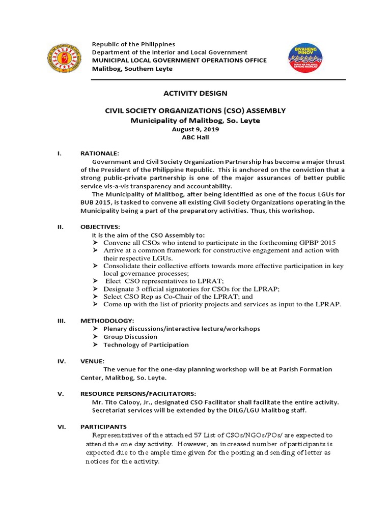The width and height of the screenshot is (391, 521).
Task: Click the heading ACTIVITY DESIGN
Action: (195, 93)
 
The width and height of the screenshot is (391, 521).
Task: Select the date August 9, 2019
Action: (195, 130)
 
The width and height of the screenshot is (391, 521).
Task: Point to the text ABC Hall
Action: (195, 137)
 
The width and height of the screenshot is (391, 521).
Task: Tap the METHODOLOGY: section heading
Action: (107, 321)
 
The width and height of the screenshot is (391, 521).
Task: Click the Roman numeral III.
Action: (62, 321)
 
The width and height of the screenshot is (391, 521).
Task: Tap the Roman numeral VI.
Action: (62, 426)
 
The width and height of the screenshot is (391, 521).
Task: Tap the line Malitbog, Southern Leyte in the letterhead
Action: (132, 69)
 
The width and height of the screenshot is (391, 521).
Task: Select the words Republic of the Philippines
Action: (133, 44)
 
